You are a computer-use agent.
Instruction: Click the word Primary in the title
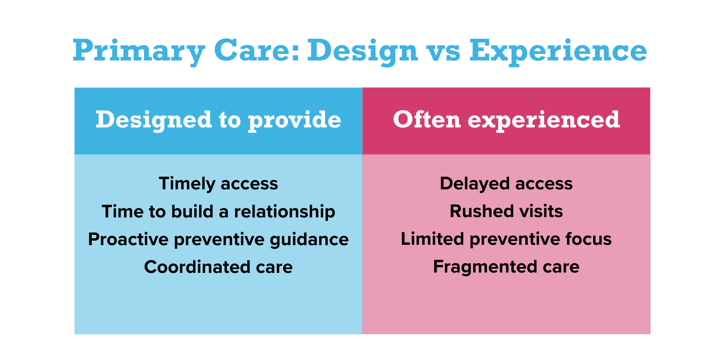coord(139,51)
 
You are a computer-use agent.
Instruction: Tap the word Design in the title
coord(362,51)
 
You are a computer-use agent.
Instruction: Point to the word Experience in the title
coord(558,51)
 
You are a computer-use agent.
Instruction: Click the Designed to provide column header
coord(218,120)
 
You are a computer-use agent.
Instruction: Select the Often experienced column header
coord(506,120)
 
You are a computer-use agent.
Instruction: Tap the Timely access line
coord(218,184)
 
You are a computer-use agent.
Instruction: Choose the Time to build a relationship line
coord(218,211)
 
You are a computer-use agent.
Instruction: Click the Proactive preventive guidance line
coord(218,239)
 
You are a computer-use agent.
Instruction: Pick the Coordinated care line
coord(218,267)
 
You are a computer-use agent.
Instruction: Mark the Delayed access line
coord(506,184)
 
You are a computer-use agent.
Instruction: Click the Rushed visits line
coord(506,211)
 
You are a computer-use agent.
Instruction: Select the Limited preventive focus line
coord(506,239)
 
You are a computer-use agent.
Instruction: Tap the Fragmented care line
coord(506,267)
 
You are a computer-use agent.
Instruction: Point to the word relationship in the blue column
coord(284,211)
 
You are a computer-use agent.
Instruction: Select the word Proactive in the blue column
coord(128,239)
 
